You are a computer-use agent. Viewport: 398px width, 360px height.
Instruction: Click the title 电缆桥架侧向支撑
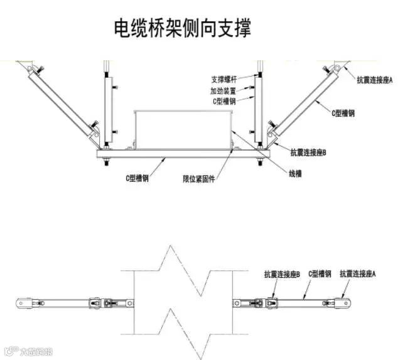(182, 28)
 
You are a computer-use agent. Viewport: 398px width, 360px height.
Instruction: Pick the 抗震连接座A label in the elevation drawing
(374, 80)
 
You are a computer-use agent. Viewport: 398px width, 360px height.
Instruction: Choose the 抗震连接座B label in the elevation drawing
(308, 152)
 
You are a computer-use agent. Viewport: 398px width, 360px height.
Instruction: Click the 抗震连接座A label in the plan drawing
(357, 273)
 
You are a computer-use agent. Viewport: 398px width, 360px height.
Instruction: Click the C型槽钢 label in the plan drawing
(319, 274)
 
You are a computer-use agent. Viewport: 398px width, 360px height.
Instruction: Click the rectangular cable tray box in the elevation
(183, 129)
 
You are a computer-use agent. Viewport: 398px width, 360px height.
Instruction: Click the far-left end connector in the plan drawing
(23, 302)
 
